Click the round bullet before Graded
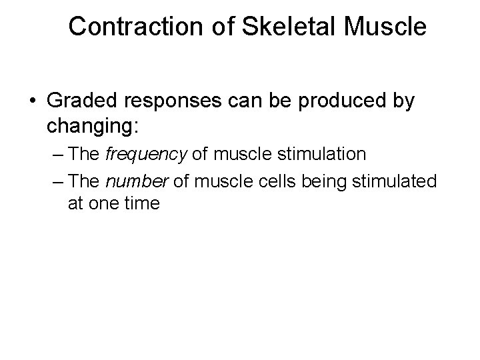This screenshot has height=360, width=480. (x=33, y=103)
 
